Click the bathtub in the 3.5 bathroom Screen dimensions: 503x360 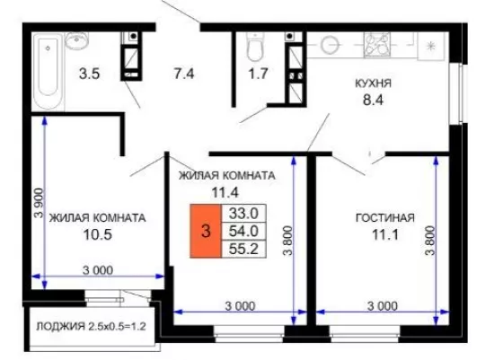coord(49,72)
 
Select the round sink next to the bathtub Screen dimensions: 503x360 coord(77,40)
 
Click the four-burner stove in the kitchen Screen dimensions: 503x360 coord(377,45)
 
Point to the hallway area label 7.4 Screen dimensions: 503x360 coord(184,74)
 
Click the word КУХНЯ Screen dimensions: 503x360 coord(373,83)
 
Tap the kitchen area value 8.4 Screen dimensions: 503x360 coord(373,101)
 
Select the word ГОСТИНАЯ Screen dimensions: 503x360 coord(385,218)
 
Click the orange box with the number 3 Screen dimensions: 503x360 coord(206,231)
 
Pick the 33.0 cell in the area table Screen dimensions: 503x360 coord(243,213)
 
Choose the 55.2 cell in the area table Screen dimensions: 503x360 coord(243,249)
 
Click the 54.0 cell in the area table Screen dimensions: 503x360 coord(243,231)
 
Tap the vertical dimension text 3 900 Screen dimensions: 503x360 coord(39,203)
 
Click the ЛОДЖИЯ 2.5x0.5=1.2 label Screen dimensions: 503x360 coord(91,327)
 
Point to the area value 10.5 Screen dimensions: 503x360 coord(98,235)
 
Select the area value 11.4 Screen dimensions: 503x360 coord(225,193)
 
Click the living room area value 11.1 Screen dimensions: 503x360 coord(385,235)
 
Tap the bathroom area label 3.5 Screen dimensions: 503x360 coord(90,74)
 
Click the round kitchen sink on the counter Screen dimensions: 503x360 coord(330,44)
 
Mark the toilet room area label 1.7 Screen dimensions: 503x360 coord(259,74)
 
